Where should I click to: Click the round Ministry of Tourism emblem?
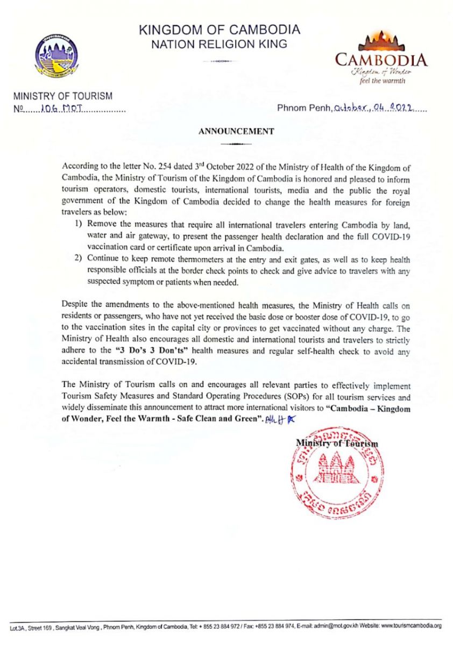56,56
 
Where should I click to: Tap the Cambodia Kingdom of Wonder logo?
381,58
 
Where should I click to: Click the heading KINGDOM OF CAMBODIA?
220,30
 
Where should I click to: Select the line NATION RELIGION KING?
220,45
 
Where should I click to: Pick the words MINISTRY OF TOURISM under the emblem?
63,97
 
